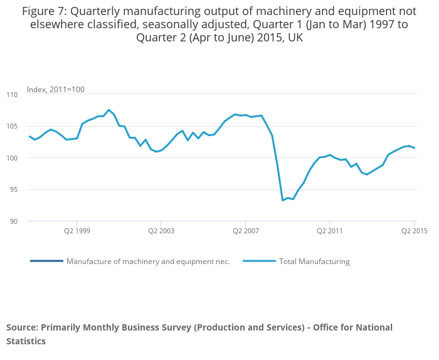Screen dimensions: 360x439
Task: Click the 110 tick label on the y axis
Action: [12, 95]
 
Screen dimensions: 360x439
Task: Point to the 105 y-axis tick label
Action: [12, 126]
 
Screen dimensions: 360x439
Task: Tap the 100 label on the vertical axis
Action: [12, 158]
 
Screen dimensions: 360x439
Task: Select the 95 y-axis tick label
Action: [14, 189]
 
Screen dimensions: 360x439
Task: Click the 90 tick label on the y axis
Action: [14, 221]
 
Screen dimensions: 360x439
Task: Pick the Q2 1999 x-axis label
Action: [77, 231]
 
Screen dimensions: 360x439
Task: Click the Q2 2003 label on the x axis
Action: [161, 231]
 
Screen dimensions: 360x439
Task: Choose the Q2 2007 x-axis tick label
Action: [245, 231]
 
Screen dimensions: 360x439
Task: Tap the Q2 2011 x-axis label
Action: [330, 231]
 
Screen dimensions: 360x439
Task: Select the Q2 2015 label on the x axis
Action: [414, 231]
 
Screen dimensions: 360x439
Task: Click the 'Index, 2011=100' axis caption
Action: [56, 90]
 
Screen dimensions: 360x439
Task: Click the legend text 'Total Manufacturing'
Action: [314, 262]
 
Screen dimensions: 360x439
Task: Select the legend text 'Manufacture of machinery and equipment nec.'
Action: [148, 262]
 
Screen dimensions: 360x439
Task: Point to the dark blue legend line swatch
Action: [46, 261]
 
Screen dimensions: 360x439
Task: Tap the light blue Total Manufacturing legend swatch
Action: [259, 261]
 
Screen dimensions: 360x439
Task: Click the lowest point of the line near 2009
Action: [283, 200]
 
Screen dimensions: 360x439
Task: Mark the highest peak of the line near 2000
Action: [108, 110]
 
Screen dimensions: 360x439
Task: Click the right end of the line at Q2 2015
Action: [415, 148]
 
